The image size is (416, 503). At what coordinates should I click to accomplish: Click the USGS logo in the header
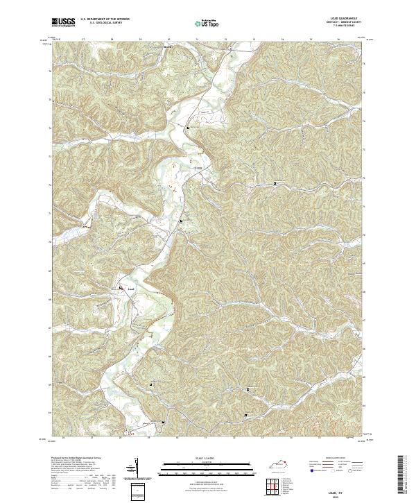pyautogui.click(x=64, y=22)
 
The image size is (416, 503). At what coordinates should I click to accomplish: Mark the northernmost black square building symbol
pyautogui.click(x=187, y=128)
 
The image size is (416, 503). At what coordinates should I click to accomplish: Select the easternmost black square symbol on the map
pyautogui.click(x=275, y=184)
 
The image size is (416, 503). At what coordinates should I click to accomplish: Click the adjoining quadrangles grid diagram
pyautogui.click(x=273, y=486)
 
